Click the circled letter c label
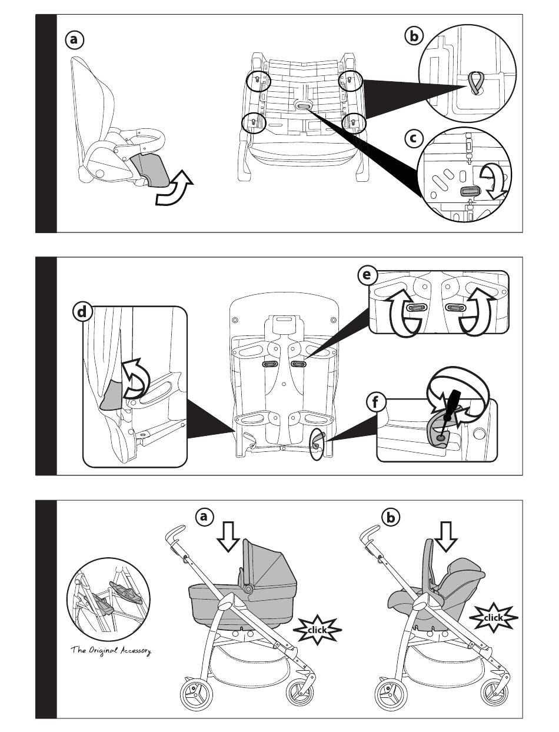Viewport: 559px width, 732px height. tap(415, 139)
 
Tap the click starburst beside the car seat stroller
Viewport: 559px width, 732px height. tap(493, 617)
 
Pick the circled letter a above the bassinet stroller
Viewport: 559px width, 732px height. tap(203, 517)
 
